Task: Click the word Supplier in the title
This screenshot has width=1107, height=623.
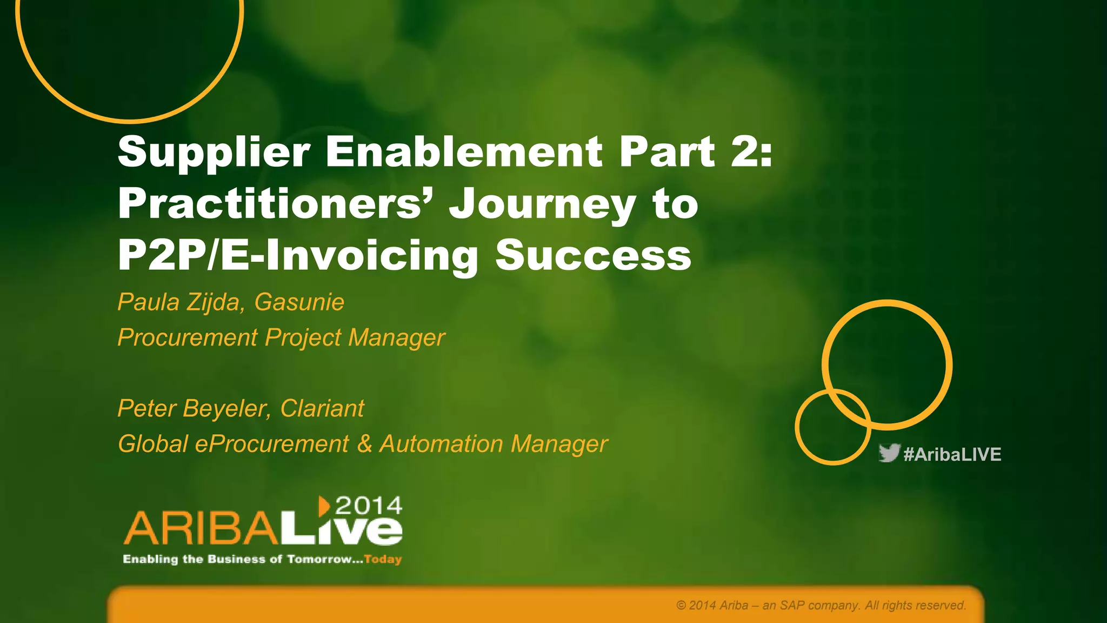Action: pos(214,153)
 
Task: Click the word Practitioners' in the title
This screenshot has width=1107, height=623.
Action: pos(276,204)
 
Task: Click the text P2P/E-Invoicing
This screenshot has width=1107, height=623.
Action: pos(298,255)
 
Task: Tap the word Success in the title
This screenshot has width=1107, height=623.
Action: pos(593,255)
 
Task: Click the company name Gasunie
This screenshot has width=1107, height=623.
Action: pos(299,302)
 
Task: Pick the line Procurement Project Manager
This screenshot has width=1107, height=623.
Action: pos(281,337)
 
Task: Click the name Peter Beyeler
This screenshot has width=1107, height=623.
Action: pos(192,408)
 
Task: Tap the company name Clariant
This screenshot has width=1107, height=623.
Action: pos(322,408)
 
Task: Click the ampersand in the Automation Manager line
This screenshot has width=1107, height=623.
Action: pos(364,444)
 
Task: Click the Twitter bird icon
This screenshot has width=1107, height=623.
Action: pos(889,453)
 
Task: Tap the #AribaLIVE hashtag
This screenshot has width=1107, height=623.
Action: pos(952,454)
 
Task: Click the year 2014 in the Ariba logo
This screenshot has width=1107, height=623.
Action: pos(369,506)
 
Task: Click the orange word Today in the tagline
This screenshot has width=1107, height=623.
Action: pos(383,559)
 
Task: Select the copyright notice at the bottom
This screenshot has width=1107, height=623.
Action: pos(821,605)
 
